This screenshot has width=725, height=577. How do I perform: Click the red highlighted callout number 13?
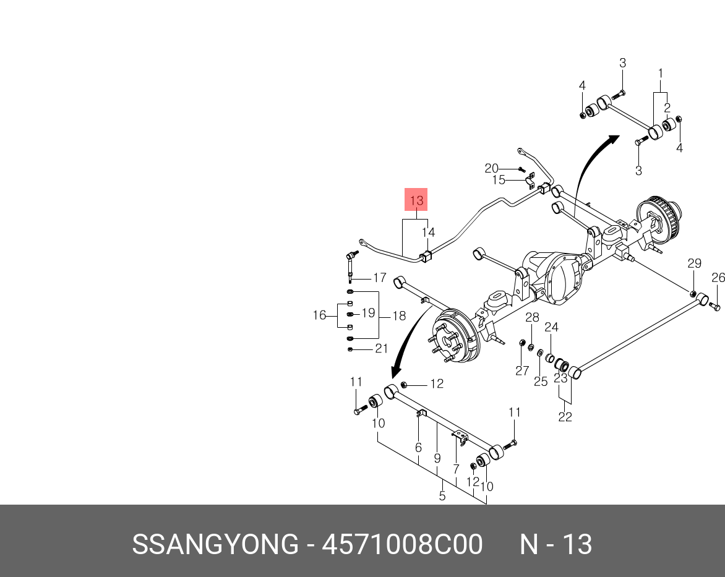tap(416, 200)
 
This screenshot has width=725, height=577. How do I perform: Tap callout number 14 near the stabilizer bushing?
tap(429, 233)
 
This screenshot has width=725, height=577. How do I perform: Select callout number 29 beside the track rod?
tap(694, 263)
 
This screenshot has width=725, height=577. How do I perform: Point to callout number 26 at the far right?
tap(718, 278)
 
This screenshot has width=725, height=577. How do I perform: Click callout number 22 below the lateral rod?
tap(565, 417)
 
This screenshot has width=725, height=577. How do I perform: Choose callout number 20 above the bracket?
tap(491, 168)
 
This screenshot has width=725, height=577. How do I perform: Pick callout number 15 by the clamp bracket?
tap(499, 180)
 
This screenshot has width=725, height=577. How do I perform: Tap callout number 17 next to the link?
tap(379, 278)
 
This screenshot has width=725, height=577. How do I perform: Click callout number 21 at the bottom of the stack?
tap(382, 349)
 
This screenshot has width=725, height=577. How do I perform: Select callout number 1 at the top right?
tap(660, 74)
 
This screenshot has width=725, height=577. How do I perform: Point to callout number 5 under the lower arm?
tap(442, 495)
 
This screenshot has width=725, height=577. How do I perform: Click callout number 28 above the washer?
tap(532, 318)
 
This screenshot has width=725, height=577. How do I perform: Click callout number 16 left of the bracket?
tap(319, 315)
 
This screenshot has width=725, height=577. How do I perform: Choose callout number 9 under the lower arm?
tap(437, 458)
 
